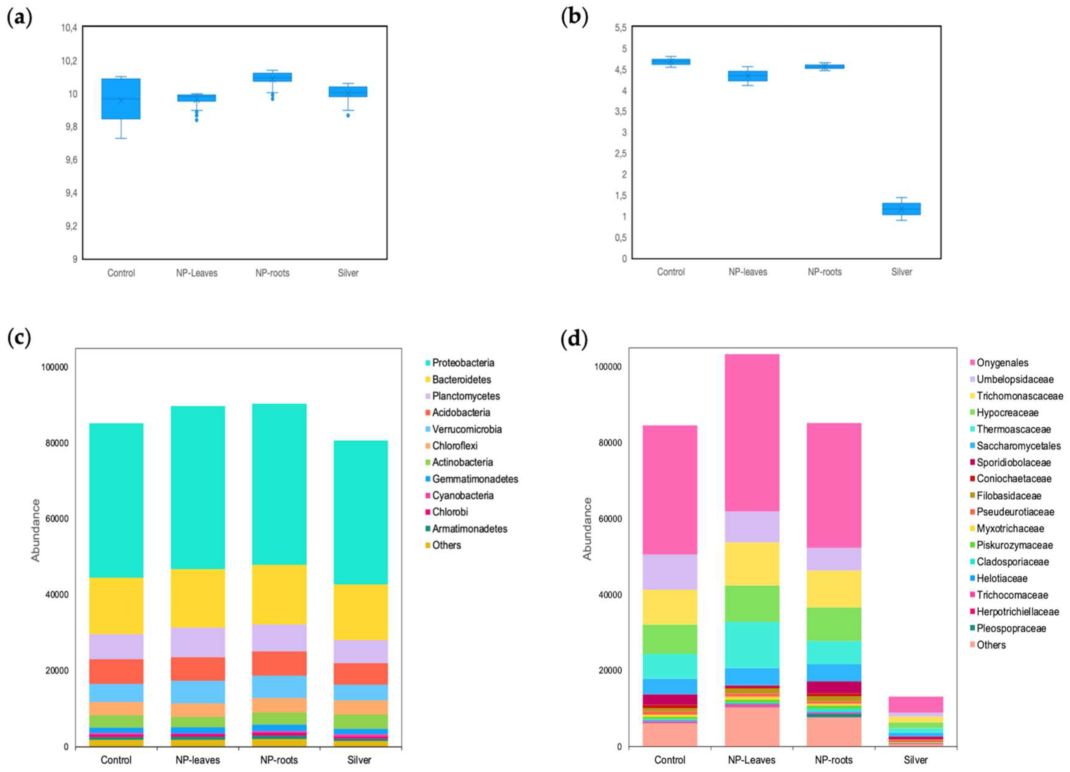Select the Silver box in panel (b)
coord(901,208)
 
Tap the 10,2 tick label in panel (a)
coord(69,61)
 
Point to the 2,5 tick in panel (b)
coord(620,153)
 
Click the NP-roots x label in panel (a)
coord(272,273)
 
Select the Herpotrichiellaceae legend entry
coord(1017,612)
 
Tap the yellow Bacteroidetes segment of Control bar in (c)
coord(116,606)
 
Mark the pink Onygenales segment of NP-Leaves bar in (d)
coord(752,432)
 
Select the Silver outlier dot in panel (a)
coord(348,115)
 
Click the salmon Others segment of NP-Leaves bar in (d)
coord(752,727)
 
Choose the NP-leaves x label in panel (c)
coord(198,760)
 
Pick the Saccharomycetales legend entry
coord(1018,446)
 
